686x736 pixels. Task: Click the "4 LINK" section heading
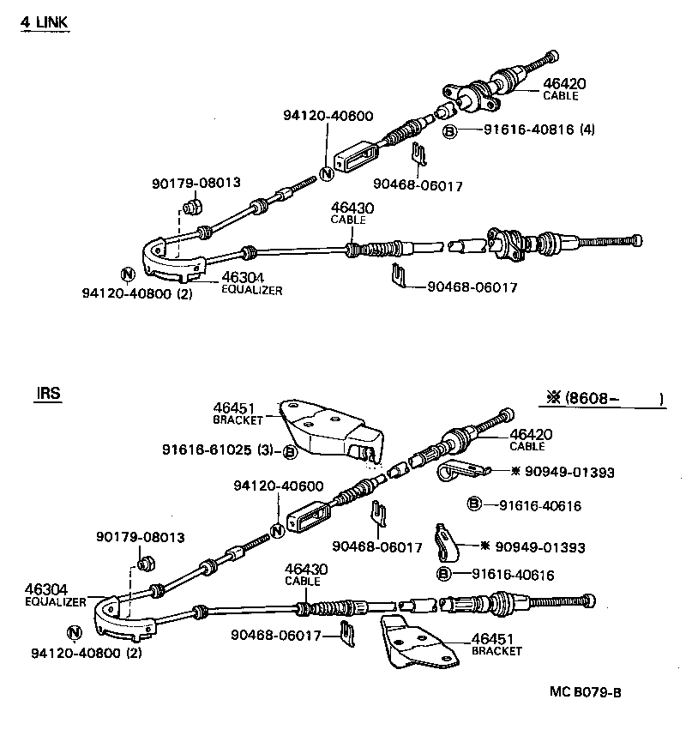click(x=44, y=22)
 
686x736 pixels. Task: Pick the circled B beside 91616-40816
click(x=448, y=131)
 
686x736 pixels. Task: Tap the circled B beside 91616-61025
click(x=290, y=452)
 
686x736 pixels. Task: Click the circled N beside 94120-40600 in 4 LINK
click(x=325, y=173)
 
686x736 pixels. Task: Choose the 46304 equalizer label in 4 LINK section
click(x=251, y=283)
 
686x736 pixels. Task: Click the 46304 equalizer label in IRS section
click(x=54, y=594)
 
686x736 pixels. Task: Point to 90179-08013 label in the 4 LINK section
click(x=196, y=183)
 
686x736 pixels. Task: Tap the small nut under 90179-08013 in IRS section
click(x=145, y=564)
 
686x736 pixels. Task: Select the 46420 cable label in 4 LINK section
click(x=563, y=89)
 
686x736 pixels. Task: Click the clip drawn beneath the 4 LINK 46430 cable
click(x=398, y=276)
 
